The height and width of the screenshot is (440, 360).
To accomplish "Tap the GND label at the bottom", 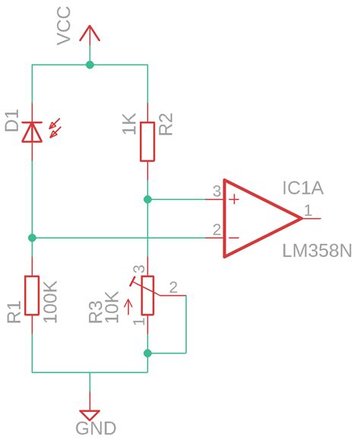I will [x=96, y=429].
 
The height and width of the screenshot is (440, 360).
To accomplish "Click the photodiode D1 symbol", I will [x=32, y=132].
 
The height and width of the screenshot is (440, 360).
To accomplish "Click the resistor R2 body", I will [x=148, y=140].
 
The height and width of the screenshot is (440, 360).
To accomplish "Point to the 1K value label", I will [x=129, y=125].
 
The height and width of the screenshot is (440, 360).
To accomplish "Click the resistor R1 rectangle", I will [x=32, y=295].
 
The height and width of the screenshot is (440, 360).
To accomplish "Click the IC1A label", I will [x=302, y=188].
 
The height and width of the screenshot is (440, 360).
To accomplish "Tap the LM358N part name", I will [x=317, y=252].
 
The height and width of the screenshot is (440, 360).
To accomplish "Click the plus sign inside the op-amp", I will [x=234, y=200].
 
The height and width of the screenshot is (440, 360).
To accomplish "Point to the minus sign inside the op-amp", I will [x=234, y=238].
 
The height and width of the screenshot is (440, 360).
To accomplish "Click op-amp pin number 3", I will [x=216, y=192].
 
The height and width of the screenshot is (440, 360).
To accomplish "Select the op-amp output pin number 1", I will [x=308, y=209].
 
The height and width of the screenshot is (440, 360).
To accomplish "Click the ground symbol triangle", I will [x=90, y=415].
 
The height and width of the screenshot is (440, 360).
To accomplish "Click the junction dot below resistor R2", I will [x=148, y=200].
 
